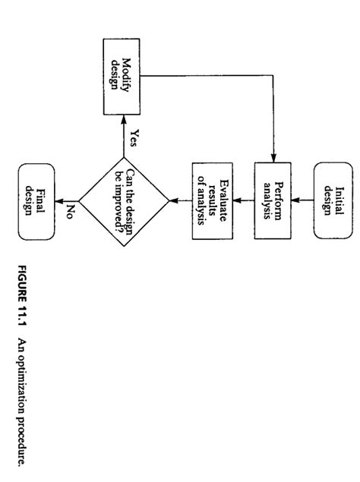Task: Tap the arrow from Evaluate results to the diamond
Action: pos(179,200)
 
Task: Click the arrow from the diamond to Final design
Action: pos(66,200)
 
